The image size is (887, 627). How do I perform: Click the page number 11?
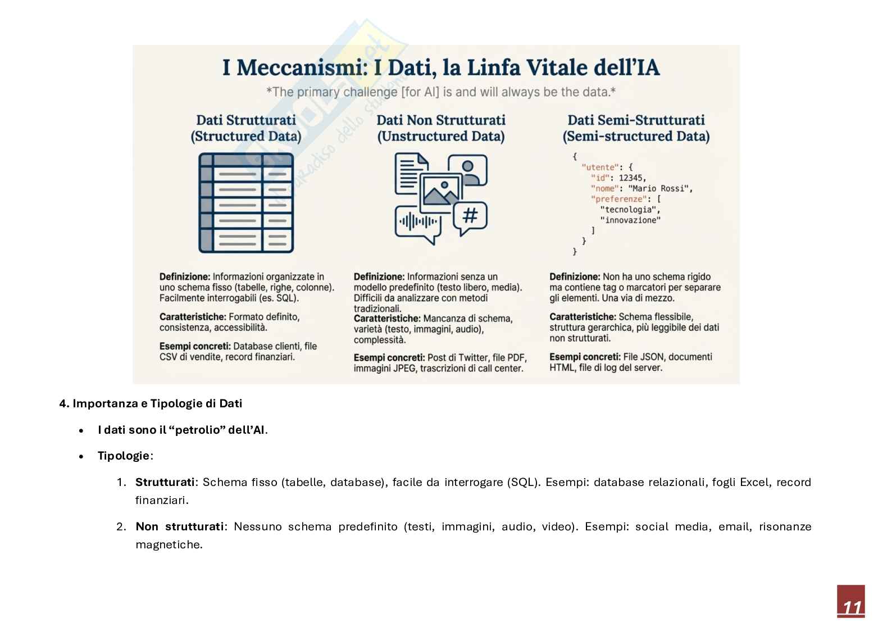pyautogui.click(x=851, y=607)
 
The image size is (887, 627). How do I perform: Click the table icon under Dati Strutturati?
pyautogui.click(x=246, y=203)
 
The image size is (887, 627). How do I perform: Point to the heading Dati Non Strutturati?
pyautogui.click(x=440, y=120)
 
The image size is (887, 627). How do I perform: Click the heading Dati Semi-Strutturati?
pyautogui.click(x=636, y=120)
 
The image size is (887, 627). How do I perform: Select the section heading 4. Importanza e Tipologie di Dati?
pyautogui.click(x=151, y=403)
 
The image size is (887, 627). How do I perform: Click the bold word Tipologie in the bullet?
pyautogui.click(x=124, y=456)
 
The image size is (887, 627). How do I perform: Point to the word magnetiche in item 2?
pyautogui.click(x=168, y=544)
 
